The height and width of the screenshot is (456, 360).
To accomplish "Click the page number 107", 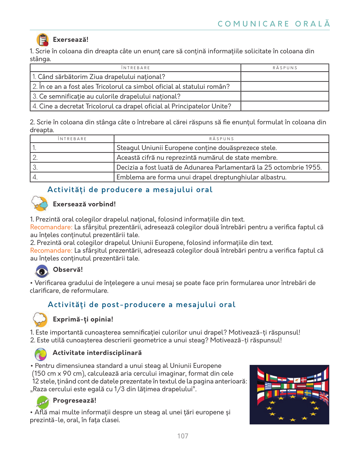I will click(x=183, y=436).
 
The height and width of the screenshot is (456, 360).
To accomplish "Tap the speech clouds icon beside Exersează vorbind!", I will click(x=40, y=204).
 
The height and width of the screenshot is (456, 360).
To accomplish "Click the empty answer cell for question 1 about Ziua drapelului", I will click(x=285, y=77).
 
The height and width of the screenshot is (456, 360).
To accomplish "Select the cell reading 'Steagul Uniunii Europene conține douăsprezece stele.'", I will click(x=221, y=148).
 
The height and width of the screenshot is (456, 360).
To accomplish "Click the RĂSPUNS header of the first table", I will click(x=285, y=68).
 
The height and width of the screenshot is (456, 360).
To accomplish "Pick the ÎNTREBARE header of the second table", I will click(x=72, y=139).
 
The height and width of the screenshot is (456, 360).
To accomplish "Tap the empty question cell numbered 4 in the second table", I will click(x=72, y=177).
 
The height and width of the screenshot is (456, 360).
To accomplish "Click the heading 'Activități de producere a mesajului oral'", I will click(x=130, y=190).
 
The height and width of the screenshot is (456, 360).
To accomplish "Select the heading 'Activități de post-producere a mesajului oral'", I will click(x=142, y=305).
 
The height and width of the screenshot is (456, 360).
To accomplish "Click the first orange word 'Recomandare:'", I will click(x=51, y=227).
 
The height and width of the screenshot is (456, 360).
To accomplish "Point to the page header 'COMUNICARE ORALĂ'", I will click(x=274, y=24).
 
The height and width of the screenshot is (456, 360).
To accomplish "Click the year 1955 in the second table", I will click(x=313, y=167).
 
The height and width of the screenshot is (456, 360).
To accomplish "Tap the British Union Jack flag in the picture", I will click(x=324, y=398).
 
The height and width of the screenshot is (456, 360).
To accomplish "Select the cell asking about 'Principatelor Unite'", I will click(x=135, y=106).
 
